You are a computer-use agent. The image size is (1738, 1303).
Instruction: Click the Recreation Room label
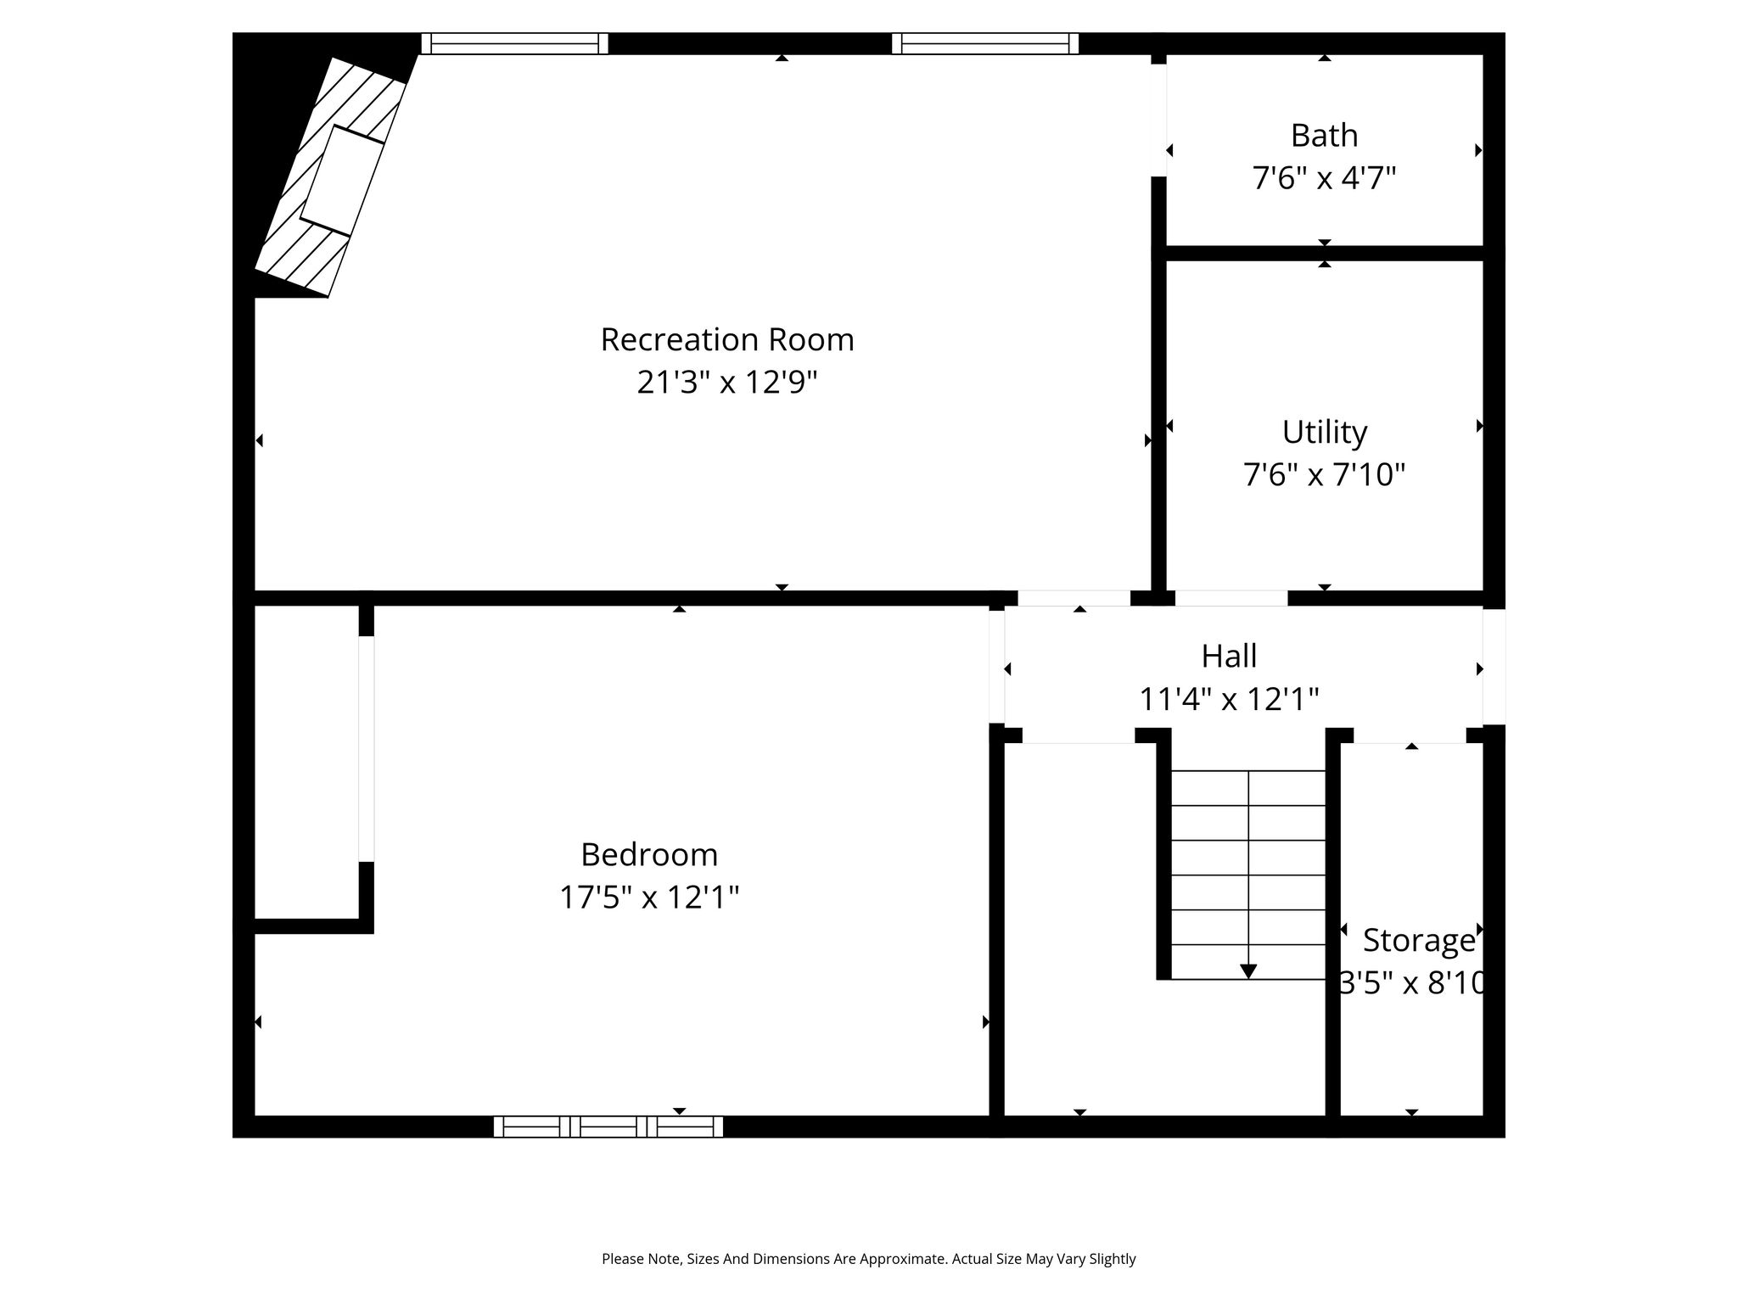(x=727, y=339)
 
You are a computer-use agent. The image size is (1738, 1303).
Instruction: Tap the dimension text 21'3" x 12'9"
(x=727, y=383)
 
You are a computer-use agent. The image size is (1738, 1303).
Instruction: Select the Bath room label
(x=1324, y=136)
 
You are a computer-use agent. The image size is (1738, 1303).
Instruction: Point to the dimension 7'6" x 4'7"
(x=1324, y=178)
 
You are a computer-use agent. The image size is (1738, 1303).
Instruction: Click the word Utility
(x=1325, y=433)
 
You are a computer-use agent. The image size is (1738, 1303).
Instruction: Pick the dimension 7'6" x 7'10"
(x=1325, y=474)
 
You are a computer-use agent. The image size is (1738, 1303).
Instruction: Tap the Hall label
(x=1229, y=656)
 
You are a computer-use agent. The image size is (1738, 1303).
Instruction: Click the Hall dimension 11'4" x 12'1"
(x=1229, y=699)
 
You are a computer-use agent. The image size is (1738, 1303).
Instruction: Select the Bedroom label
(x=649, y=854)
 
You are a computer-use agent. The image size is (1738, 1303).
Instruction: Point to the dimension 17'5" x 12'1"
(x=649, y=897)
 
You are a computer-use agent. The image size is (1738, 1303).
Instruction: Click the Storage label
(x=1419, y=941)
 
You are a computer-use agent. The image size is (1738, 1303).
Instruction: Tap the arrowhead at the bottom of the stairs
(x=1248, y=971)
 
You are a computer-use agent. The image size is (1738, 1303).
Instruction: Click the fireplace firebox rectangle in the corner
(x=343, y=181)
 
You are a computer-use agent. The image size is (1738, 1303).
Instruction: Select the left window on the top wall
(x=515, y=43)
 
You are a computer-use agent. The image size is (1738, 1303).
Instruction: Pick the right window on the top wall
(x=985, y=43)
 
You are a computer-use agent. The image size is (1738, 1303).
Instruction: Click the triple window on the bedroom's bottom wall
(x=608, y=1127)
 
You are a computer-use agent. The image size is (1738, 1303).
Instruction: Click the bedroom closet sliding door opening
(x=367, y=749)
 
